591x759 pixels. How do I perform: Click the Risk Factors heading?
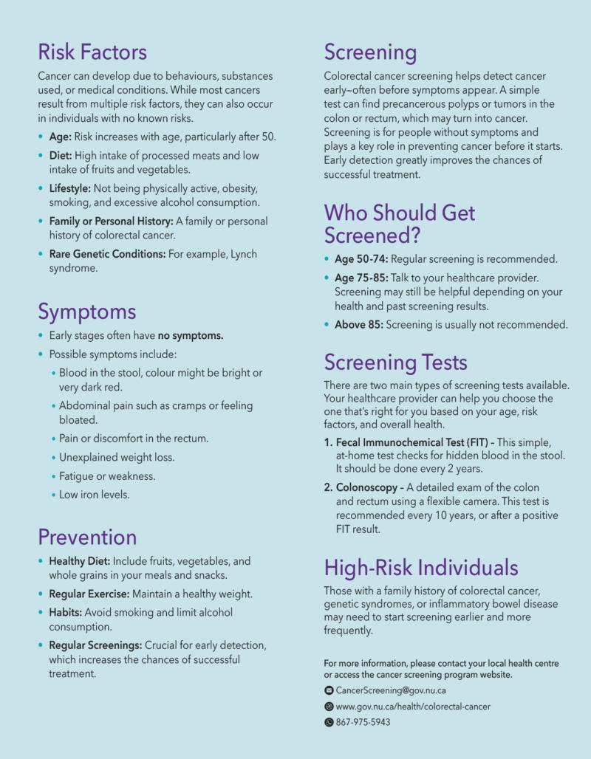(92, 52)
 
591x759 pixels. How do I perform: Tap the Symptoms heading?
(87, 312)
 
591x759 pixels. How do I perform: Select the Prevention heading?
(87, 537)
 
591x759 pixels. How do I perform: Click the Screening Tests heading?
(395, 363)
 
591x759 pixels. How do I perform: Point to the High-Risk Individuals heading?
(421, 568)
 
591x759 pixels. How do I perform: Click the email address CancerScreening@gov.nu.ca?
(391, 691)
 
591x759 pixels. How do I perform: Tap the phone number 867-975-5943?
(363, 722)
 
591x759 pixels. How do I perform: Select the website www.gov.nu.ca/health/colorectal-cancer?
(413, 707)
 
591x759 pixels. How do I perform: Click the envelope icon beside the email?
(329, 691)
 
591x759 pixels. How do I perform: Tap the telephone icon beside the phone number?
(329, 722)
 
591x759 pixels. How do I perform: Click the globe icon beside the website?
(329, 707)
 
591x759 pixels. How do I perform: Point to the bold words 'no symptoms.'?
(191, 336)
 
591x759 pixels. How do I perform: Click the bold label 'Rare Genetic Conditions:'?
(106, 254)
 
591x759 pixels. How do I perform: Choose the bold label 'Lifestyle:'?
(69, 188)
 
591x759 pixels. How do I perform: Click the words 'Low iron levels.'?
(94, 495)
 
